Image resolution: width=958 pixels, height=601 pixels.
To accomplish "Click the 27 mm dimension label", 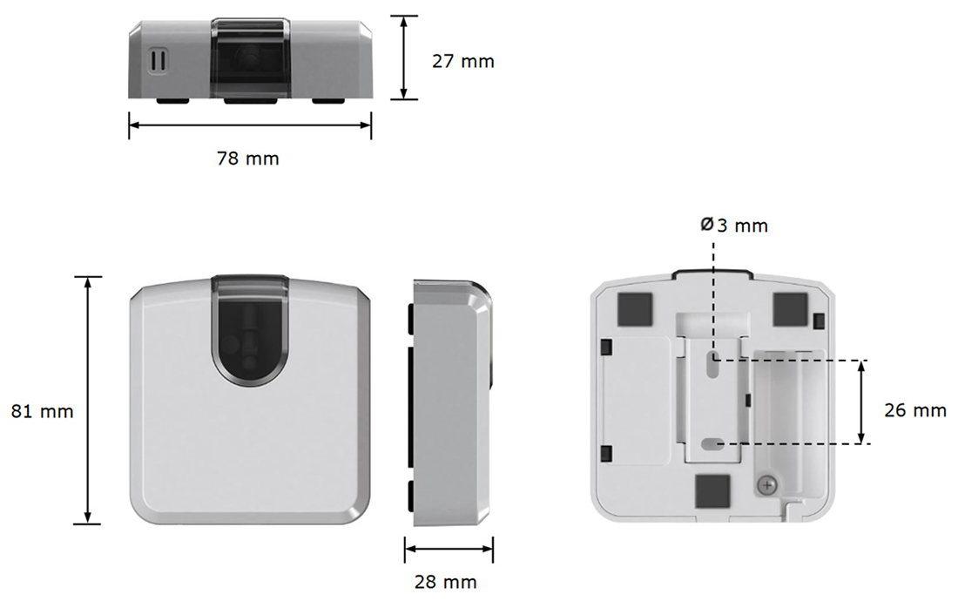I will (x=462, y=61).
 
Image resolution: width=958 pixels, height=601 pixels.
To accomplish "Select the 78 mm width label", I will (x=248, y=159).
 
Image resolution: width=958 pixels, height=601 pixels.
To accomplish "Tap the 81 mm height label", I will (x=42, y=411).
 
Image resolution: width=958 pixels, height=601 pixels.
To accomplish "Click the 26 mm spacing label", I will (x=914, y=410).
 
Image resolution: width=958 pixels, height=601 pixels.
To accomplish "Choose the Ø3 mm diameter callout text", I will (x=734, y=226).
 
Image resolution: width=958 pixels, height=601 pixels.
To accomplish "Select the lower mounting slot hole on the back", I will (x=713, y=444).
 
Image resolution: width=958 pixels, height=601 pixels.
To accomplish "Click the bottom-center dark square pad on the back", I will (x=712, y=490).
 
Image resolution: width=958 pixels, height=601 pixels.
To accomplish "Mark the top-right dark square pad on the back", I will (x=790, y=306).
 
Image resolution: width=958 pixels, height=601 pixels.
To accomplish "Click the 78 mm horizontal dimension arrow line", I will (x=250, y=125).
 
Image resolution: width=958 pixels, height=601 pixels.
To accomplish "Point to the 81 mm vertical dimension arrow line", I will (x=88, y=401).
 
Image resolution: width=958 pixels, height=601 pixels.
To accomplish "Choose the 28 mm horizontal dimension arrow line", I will (x=449, y=549).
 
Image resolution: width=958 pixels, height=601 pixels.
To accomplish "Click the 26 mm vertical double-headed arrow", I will (x=861, y=402).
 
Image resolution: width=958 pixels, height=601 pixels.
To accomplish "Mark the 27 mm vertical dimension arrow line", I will (x=403, y=57).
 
